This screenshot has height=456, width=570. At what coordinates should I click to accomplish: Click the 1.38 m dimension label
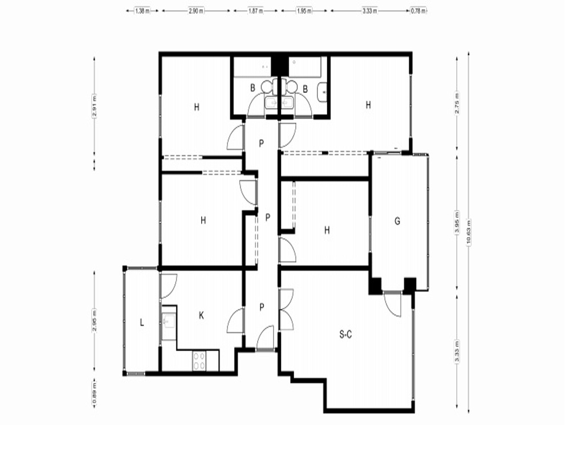[142, 11]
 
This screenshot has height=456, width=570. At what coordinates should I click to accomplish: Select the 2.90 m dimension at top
[196, 11]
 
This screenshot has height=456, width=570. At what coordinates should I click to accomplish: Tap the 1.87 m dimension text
[255, 11]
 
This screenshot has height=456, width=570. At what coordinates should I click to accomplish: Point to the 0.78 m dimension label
[418, 11]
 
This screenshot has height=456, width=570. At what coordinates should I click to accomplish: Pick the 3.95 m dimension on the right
[457, 223]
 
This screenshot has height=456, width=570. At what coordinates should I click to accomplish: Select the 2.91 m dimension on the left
[95, 105]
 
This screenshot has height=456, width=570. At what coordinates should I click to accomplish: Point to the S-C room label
[345, 334]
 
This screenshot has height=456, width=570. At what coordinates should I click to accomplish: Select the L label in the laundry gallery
[142, 322]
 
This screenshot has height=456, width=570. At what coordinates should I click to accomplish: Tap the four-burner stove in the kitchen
[199, 361]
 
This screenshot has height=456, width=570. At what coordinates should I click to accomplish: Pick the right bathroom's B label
[306, 89]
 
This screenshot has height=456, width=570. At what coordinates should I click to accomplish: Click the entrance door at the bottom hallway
[266, 339]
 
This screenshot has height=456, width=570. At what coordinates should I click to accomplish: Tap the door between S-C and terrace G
[393, 304]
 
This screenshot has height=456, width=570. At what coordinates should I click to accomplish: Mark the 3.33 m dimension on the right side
[457, 351]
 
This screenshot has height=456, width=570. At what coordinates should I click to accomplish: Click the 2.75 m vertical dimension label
[457, 103]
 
